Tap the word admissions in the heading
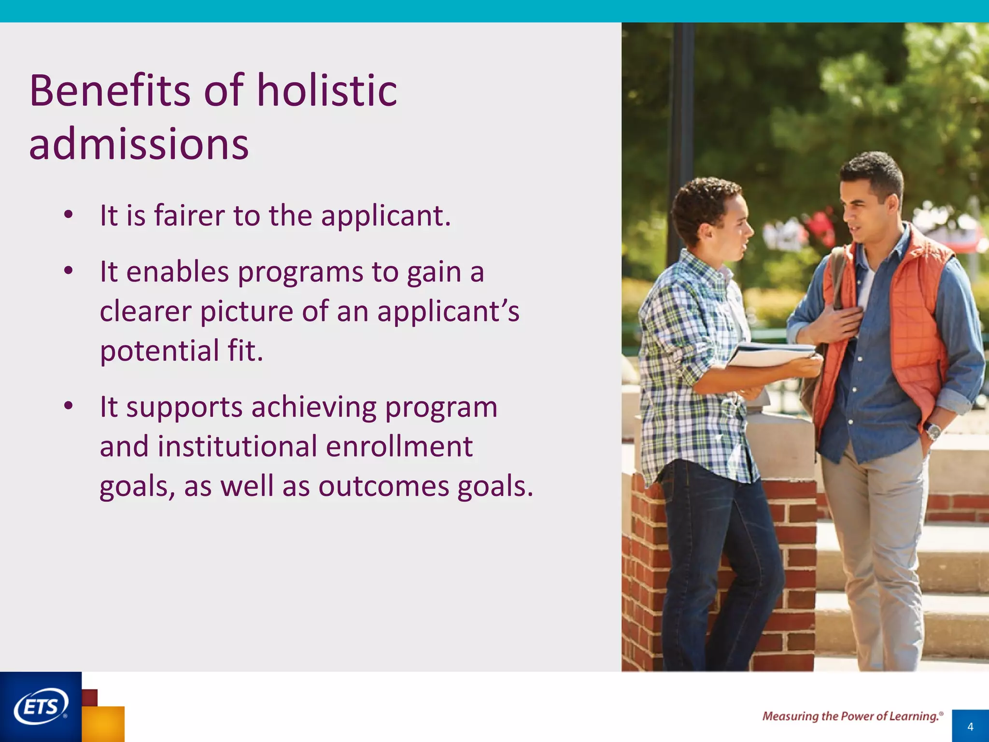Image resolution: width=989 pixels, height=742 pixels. click(139, 144)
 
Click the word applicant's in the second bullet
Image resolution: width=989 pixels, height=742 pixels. click(448, 312)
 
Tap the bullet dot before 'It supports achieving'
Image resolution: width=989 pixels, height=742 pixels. click(68, 406)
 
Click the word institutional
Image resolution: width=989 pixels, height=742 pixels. click(237, 446)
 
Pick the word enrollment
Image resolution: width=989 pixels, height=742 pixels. click(399, 446)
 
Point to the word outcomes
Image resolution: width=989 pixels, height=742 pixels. click(383, 486)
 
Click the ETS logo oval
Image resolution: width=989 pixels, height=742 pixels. click(41, 706)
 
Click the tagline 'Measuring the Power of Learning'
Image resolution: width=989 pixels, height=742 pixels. click(852, 716)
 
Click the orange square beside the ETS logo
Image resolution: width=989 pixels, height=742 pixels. click(103, 724)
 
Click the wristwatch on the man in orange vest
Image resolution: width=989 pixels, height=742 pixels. click(933, 430)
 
